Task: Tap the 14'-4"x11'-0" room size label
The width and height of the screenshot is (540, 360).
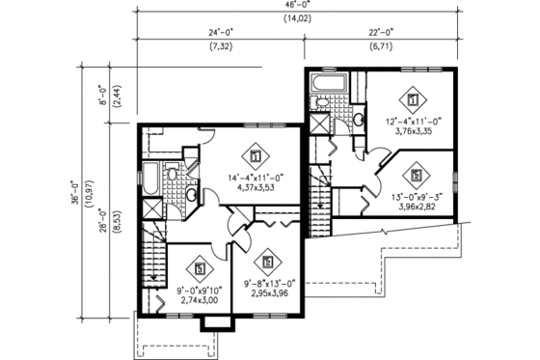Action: tap(255, 177)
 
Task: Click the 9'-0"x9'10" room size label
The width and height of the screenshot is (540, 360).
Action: tap(199, 291)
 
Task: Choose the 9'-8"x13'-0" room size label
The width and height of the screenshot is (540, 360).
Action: tap(265, 283)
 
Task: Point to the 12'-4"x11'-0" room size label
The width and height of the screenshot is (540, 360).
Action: tap(413, 123)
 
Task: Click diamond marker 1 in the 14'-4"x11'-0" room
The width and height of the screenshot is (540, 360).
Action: tap(256, 154)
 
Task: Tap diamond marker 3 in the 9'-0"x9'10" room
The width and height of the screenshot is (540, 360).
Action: tap(200, 268)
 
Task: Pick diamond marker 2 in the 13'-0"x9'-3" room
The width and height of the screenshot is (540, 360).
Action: tap(416, 176)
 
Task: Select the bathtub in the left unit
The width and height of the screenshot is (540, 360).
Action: tap(151, 179)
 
